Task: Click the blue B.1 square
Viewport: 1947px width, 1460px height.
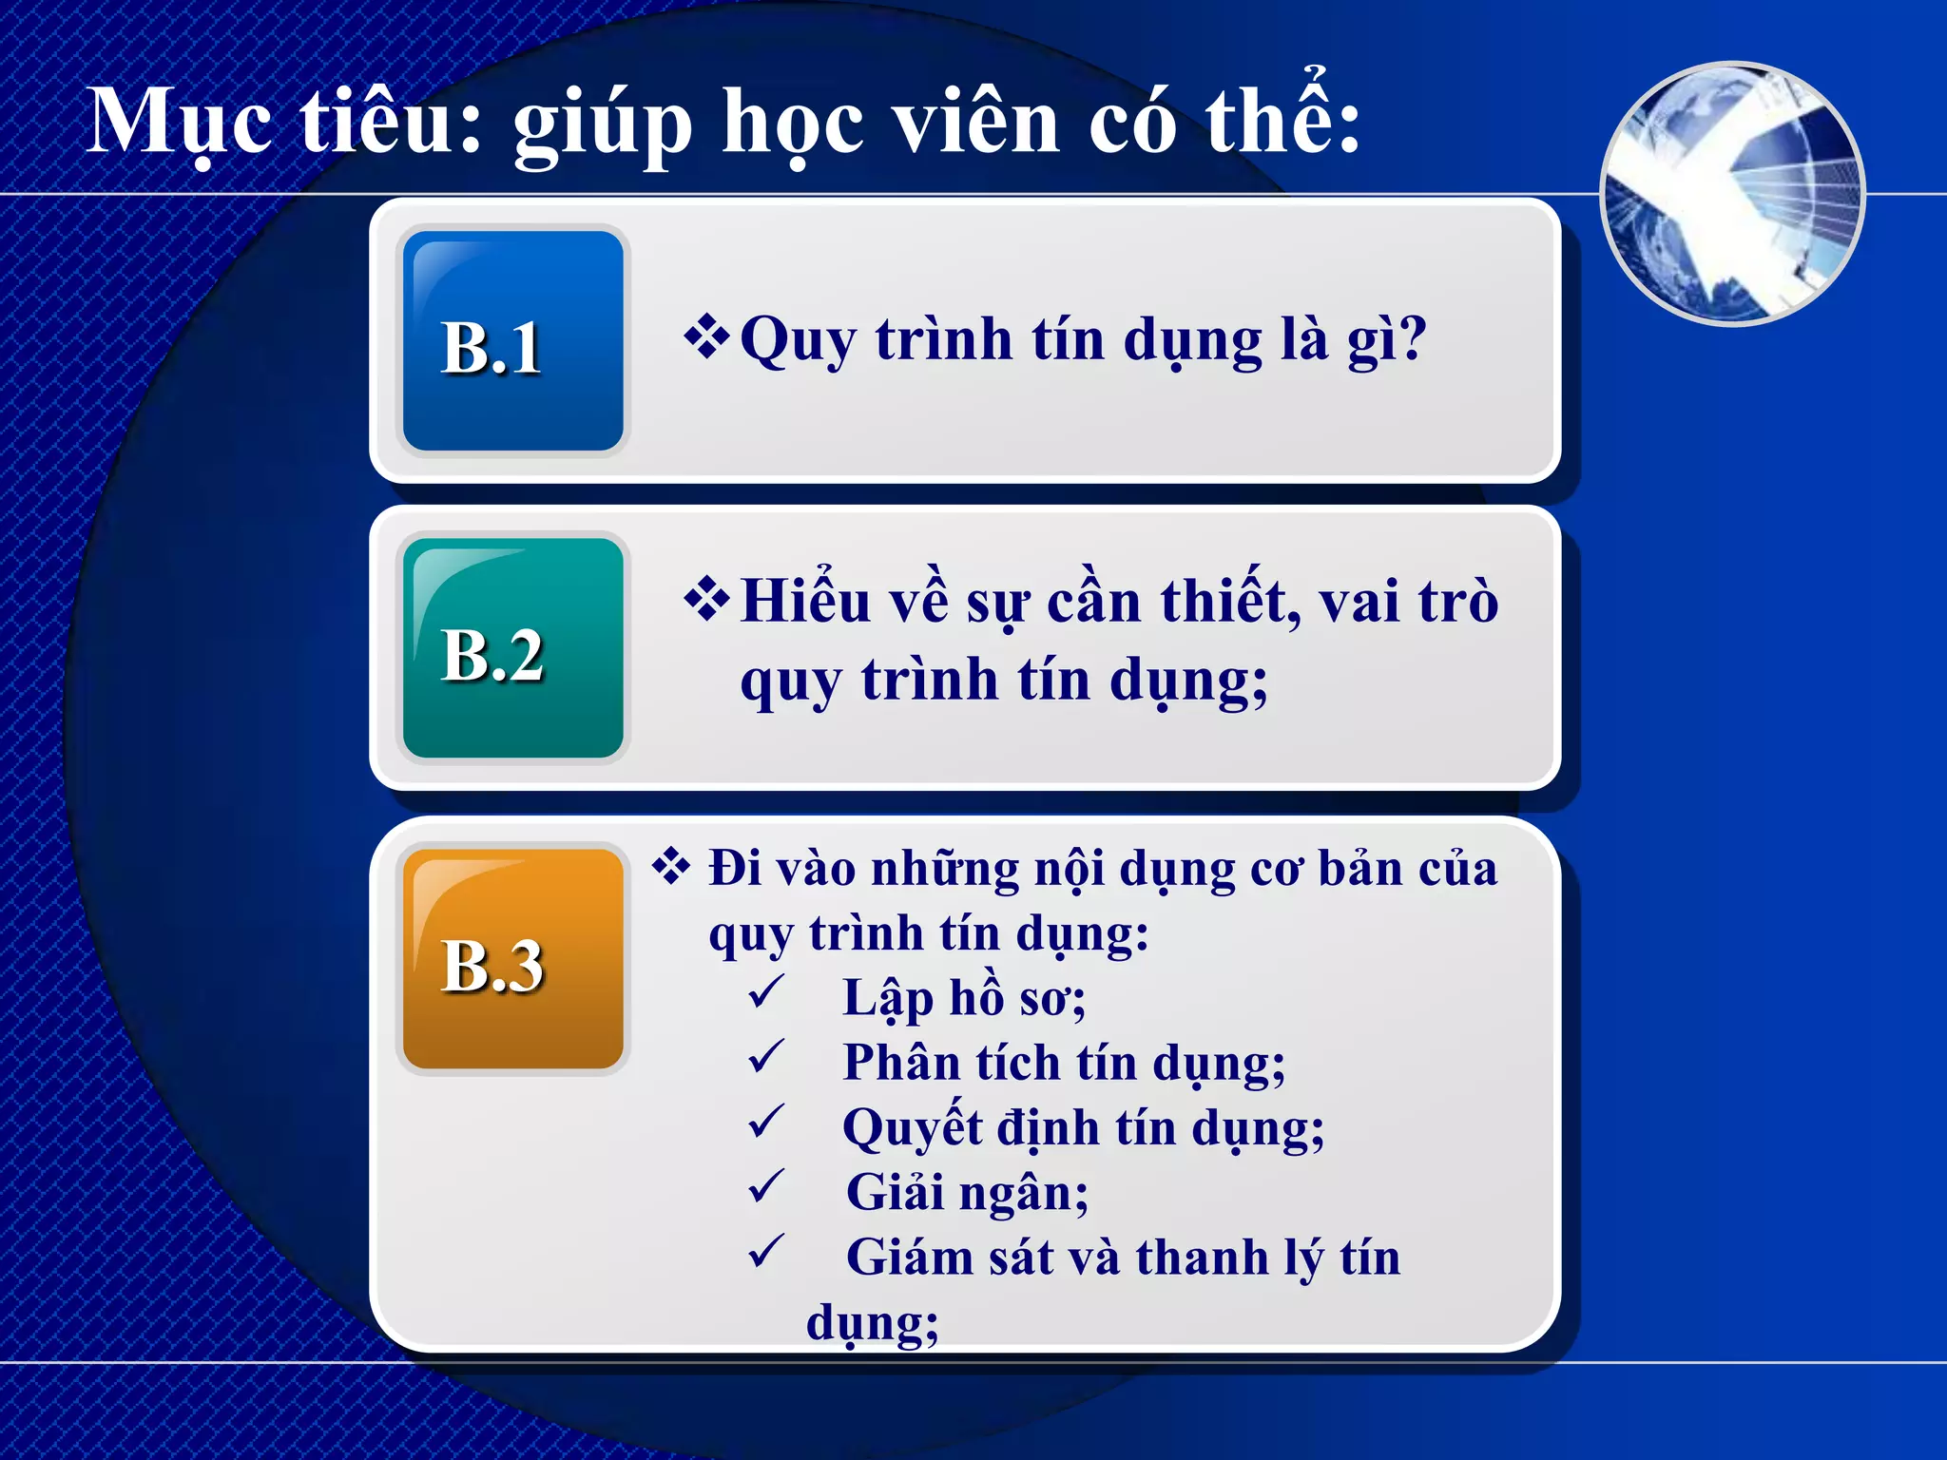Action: point(513,340)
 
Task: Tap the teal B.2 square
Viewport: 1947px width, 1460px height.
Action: point(513,648)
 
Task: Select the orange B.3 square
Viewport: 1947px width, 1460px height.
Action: point(513,958)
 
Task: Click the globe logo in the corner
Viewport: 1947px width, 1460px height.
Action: point(1732,194)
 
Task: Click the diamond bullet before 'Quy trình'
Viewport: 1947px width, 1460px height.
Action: point(706,337)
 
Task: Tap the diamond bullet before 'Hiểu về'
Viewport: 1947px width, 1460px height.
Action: point(706,600)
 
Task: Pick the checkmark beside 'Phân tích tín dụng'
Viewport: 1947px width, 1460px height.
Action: point(766,1057)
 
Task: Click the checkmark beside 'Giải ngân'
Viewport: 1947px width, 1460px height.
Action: point(766,1186)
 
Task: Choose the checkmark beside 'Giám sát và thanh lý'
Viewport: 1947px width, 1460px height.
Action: point(766,1252)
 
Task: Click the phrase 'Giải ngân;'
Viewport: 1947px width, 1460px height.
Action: point(967,1192)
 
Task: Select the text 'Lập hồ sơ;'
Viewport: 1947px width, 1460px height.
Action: point(964,998)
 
